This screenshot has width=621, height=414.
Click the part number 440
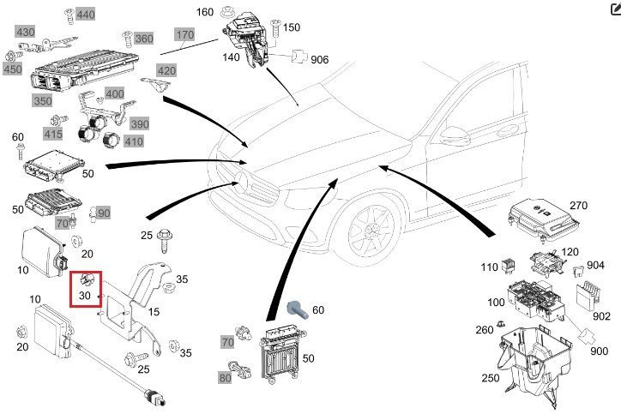point(86,15)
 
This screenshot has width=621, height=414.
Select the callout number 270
point(578,206)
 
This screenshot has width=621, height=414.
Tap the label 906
point(319,59)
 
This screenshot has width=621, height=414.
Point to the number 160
point(205,12)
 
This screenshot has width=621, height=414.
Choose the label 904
point(594,266)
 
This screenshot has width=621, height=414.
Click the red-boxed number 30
point(84,295)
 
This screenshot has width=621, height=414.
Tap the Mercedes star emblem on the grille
point(242,182)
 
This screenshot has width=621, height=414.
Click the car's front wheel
point(370,231)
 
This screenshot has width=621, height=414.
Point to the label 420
point(166,71)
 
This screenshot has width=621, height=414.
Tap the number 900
point(600,351)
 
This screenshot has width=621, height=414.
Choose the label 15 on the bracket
point(153,312)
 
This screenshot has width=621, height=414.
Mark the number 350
point(42,100)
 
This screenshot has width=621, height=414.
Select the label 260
point(485,330)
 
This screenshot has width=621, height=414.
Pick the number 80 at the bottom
point(226,376)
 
